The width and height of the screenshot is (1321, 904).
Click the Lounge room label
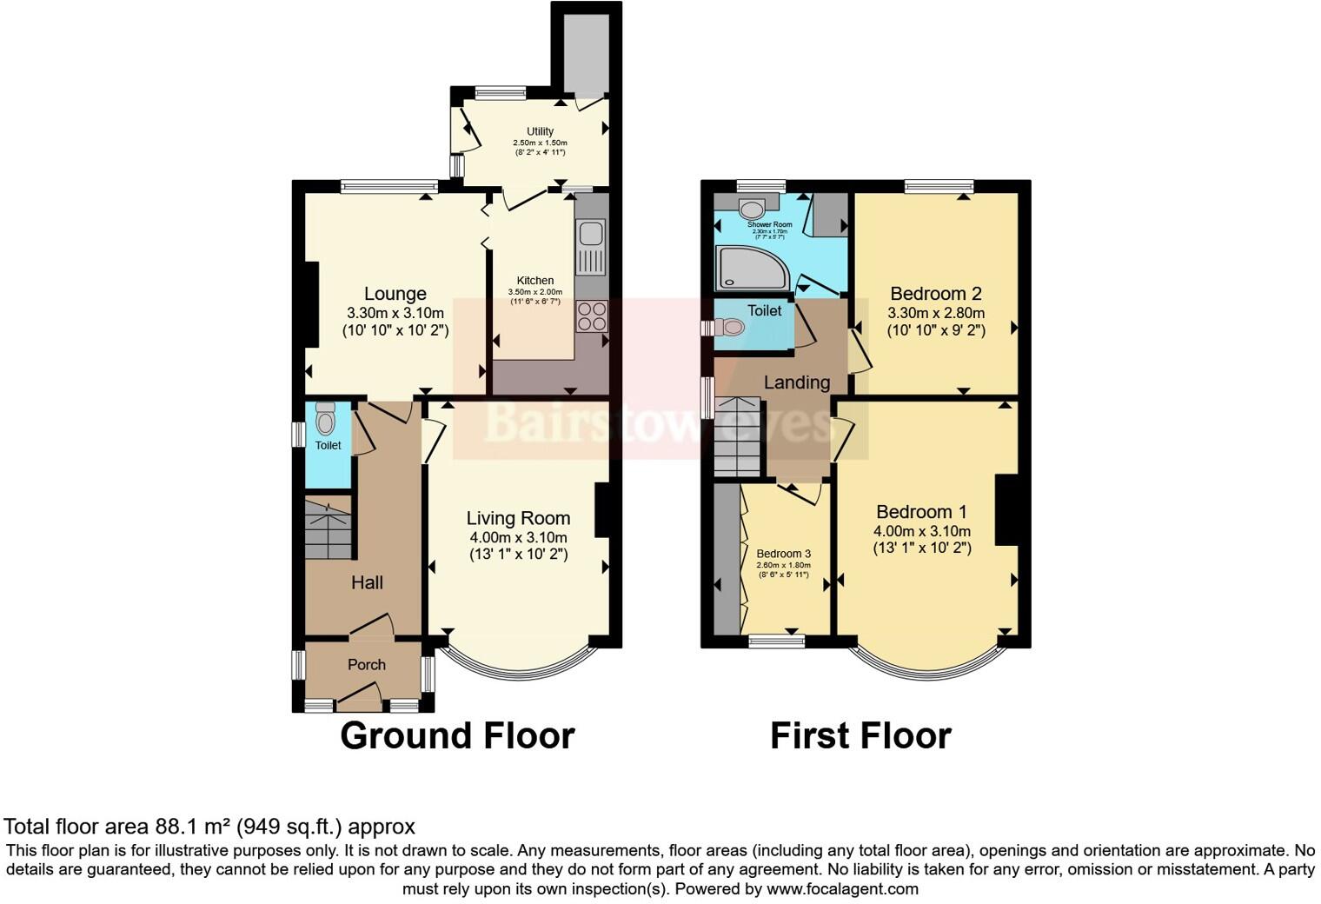395,294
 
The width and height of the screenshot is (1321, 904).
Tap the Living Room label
518,518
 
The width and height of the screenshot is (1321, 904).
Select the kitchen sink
591,234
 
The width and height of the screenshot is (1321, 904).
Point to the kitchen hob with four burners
591,316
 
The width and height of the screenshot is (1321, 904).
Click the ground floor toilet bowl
326,422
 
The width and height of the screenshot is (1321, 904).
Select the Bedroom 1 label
921,512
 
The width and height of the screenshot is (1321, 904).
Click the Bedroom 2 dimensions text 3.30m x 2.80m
935,313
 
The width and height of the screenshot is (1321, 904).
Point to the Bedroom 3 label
783,554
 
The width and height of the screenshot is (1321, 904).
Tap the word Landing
796,382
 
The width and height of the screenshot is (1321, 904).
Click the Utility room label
540,131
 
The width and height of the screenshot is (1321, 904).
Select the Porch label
366,664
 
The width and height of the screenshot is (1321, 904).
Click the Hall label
367,582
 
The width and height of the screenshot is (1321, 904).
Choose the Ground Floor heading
457,735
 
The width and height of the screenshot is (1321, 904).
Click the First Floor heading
860,735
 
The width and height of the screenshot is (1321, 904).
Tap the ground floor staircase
328,528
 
